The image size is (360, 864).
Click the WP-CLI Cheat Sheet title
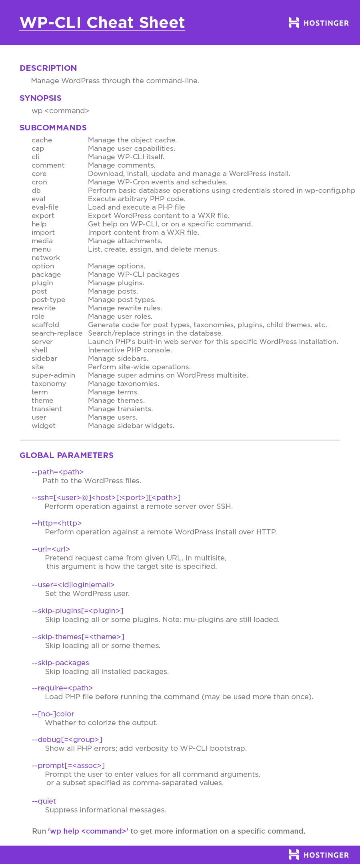102,23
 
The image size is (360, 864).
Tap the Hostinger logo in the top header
318,23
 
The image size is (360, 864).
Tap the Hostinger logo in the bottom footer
318,855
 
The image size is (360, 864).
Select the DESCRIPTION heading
48,68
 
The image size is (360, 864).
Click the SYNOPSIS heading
40,98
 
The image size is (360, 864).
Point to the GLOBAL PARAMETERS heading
66,455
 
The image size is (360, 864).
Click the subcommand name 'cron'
39,182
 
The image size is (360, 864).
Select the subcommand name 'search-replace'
57,333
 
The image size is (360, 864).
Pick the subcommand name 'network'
46,258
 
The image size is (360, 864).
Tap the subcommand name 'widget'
44,426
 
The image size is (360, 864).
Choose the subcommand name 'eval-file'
45,207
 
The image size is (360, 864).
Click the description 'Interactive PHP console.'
130,350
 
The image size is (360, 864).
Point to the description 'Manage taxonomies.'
124,384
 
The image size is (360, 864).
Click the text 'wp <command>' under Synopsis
60,111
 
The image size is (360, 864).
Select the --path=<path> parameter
58,472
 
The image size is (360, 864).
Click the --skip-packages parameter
60,663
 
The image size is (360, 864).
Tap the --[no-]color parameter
53,714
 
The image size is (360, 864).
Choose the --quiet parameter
44,801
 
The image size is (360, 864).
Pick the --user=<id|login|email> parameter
73,585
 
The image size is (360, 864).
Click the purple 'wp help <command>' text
88,831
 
